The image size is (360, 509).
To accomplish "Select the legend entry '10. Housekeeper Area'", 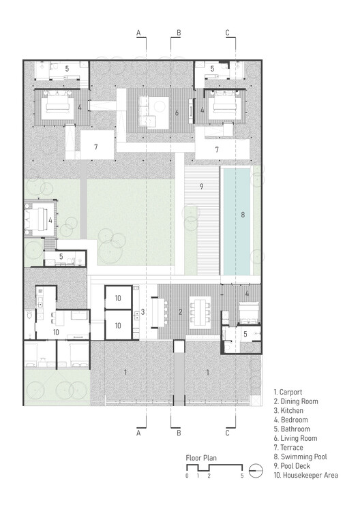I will (306, 476).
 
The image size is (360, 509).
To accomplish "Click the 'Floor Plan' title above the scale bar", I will (201, 458).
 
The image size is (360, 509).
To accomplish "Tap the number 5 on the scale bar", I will (241, 476).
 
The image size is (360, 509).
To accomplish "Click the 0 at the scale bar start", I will (186, 476).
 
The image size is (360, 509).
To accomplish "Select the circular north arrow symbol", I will (256, 469).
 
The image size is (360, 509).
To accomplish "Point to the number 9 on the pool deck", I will (202, 185).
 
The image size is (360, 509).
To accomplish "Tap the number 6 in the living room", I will (177, 112).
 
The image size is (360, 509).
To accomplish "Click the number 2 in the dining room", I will (180, 312).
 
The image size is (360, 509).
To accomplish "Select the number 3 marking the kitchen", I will (142, 312).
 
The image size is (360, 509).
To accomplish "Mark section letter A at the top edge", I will (138, 32).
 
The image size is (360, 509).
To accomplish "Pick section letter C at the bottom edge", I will (227, 432).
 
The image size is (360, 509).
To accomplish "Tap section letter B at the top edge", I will (179, 32).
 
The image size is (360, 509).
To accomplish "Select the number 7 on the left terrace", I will (96, 147).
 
